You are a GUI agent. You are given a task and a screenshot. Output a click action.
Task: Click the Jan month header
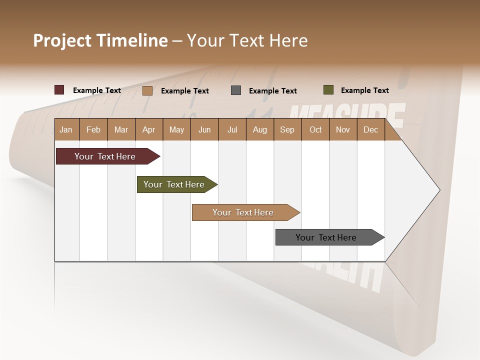click(66, 130)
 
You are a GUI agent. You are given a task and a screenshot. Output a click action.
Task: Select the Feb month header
click(93, 130)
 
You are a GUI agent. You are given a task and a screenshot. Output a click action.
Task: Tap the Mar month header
click(121, 130)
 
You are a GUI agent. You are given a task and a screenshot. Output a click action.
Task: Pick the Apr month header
click(149, 130)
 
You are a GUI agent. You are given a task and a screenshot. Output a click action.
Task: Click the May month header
click(176, 130)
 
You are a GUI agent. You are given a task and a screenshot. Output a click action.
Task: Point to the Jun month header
click(204, 130)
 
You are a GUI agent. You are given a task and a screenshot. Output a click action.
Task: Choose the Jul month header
click(232, 130)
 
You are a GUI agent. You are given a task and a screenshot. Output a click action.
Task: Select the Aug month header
click(260, 130)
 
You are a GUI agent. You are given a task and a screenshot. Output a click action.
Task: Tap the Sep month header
click(287, 130)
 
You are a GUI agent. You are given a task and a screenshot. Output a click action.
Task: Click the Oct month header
click(315, 130)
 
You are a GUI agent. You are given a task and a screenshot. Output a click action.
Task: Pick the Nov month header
click(343, 130)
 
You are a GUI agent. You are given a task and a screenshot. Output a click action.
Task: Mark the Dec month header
click(371, 130)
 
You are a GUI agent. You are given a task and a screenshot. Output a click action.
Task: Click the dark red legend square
click(59, 90)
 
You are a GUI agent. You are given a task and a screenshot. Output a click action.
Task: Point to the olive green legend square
click(328, 90)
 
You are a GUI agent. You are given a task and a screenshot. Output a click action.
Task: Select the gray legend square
click(236, 90)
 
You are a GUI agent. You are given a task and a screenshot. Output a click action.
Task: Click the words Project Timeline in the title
click(100, 40)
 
